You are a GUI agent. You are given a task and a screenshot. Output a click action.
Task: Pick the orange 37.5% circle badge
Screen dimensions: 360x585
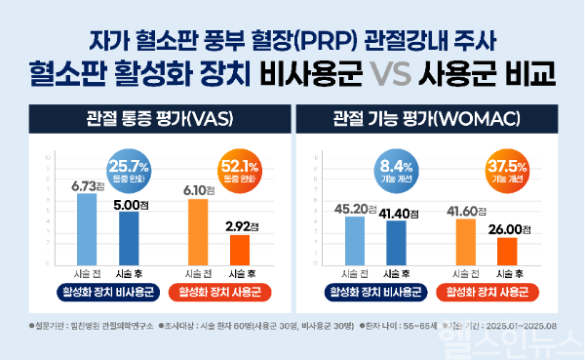pyautogui.click(x=507, y=157)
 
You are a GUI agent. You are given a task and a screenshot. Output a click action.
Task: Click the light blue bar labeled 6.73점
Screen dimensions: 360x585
pyautogui.click(x=87, y=228)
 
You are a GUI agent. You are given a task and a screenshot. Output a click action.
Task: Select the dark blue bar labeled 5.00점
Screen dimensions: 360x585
pyautogui.click(x=129, y=237)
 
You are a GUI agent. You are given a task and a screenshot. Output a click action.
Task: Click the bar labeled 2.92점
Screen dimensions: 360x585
pyautogui.click(x=239, y=250)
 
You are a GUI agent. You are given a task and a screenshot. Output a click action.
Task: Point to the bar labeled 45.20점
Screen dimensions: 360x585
pyautogui.click(x=354, y=239)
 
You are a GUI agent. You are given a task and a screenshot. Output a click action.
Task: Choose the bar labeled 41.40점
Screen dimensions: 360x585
pyautogui.click(x=396, y=242)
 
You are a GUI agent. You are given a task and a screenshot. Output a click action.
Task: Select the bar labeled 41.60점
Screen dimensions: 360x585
pyautogui.click(x=466, y=241)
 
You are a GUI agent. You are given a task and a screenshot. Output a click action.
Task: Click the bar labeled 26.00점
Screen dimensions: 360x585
pyautogui.click(x=507, y=251)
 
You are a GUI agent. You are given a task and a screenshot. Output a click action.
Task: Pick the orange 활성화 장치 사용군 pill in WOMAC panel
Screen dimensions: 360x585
pyautogui.click(x=487, y=291)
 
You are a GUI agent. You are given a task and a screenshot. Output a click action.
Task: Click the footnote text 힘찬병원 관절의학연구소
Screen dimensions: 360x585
pyautogui.click(x=82, y=323)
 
